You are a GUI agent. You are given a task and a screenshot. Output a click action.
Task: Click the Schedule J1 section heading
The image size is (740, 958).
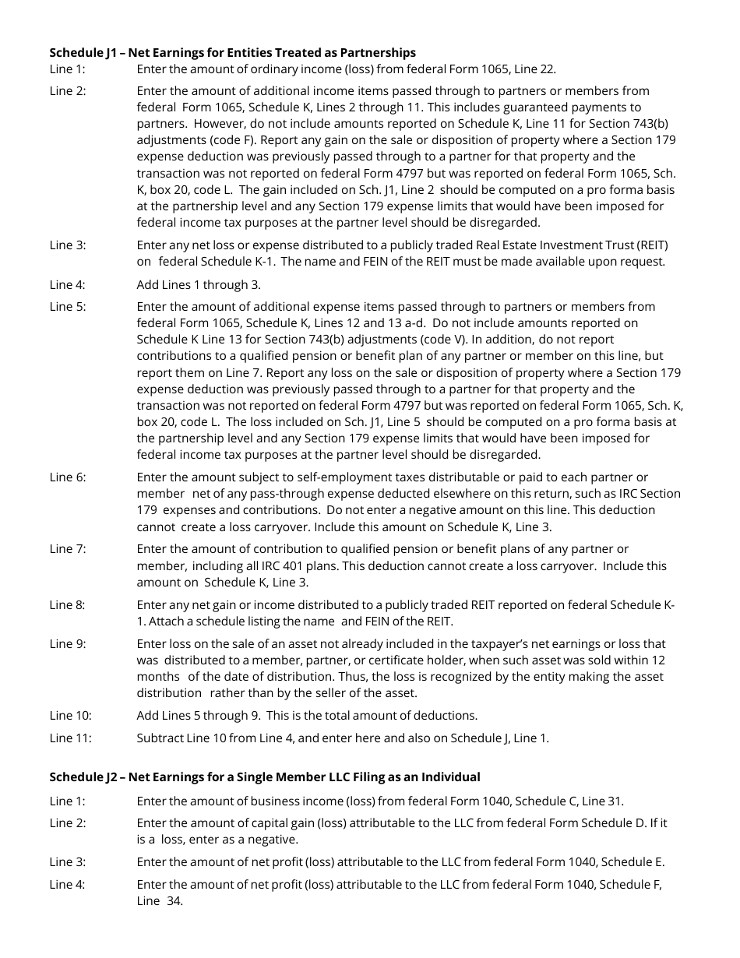(232, 53)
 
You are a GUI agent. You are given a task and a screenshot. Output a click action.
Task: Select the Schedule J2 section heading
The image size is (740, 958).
(265, 777)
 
